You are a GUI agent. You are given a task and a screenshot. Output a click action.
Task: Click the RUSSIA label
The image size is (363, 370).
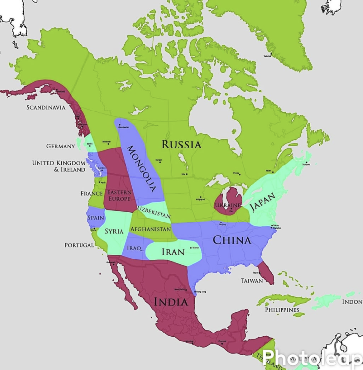(182, 145)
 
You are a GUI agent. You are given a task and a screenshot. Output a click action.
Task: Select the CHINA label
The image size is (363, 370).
(232, 241)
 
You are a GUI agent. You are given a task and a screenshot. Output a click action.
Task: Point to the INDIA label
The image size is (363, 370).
(171, 302)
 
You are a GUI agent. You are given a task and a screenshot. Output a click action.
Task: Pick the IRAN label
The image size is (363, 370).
(173, 252)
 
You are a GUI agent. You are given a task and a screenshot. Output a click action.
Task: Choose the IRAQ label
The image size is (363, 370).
(134, 248)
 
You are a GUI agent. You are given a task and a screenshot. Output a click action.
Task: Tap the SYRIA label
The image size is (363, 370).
(114, 231)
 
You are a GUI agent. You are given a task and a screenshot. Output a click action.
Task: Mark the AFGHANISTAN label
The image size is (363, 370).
(151, 229)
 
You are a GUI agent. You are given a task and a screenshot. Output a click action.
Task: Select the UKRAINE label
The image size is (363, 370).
(228, 205)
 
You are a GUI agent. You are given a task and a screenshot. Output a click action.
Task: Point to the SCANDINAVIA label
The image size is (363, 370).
(45, 108)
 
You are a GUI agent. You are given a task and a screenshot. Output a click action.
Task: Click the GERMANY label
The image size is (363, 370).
(60, 146)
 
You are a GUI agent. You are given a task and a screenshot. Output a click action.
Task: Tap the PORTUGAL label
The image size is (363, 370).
(79, 245)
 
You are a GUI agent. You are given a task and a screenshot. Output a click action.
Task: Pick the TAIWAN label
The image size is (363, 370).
(251, 280)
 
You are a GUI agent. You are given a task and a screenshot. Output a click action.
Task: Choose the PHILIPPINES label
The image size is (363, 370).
(282, 310)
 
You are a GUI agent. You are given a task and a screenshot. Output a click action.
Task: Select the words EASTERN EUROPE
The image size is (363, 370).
(119, 195)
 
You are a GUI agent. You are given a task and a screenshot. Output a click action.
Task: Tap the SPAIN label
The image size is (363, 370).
(95, 218)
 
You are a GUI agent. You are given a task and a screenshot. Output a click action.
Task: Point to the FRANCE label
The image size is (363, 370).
(91, 194)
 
